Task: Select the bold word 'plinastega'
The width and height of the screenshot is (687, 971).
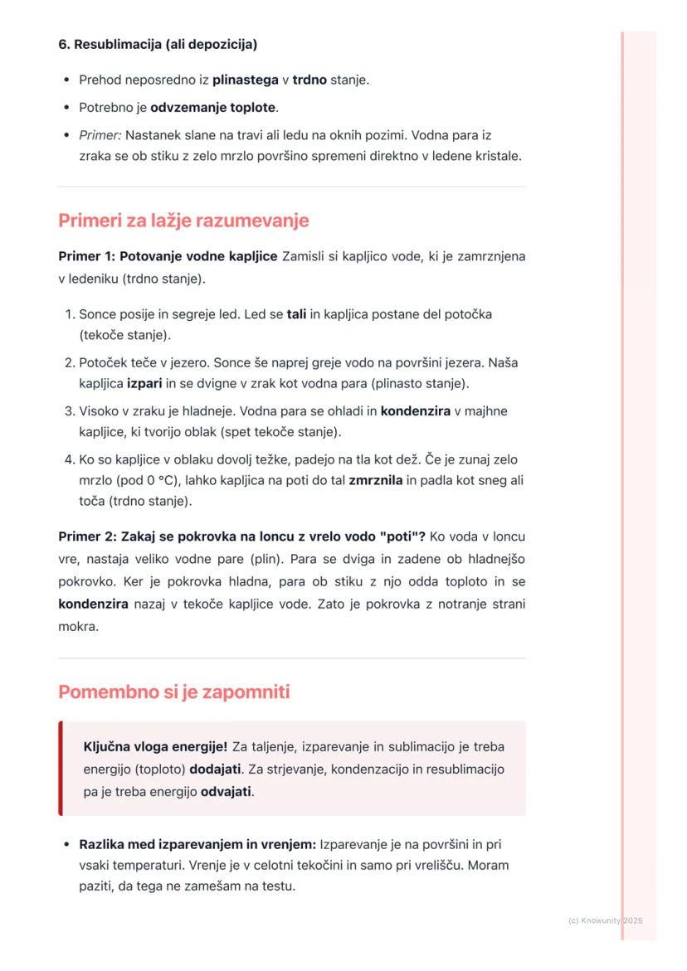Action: point(246,80)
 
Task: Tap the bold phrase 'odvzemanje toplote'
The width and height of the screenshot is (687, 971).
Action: point(214,108)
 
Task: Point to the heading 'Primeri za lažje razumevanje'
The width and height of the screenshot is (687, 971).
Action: point(183,221)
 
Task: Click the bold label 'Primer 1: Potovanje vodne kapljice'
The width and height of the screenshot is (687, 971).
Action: point(168,256)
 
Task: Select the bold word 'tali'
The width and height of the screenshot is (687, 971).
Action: point(296,315)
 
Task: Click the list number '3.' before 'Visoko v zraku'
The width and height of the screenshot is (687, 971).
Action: point(69,411)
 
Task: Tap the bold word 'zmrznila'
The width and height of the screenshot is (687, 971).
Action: point(378,481)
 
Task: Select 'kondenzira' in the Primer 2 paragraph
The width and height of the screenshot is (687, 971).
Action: point(93,604)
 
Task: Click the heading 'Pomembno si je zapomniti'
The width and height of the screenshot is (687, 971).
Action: point(174,692)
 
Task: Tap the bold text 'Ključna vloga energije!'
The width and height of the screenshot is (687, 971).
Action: point(155,746)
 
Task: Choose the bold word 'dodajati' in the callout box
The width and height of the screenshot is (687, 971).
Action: point(216,769)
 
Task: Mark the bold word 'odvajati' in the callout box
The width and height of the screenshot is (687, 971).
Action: point(227,791)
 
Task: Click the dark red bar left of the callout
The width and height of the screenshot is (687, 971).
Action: point(61,769)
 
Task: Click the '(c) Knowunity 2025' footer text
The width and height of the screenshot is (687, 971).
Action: point(605,920)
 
